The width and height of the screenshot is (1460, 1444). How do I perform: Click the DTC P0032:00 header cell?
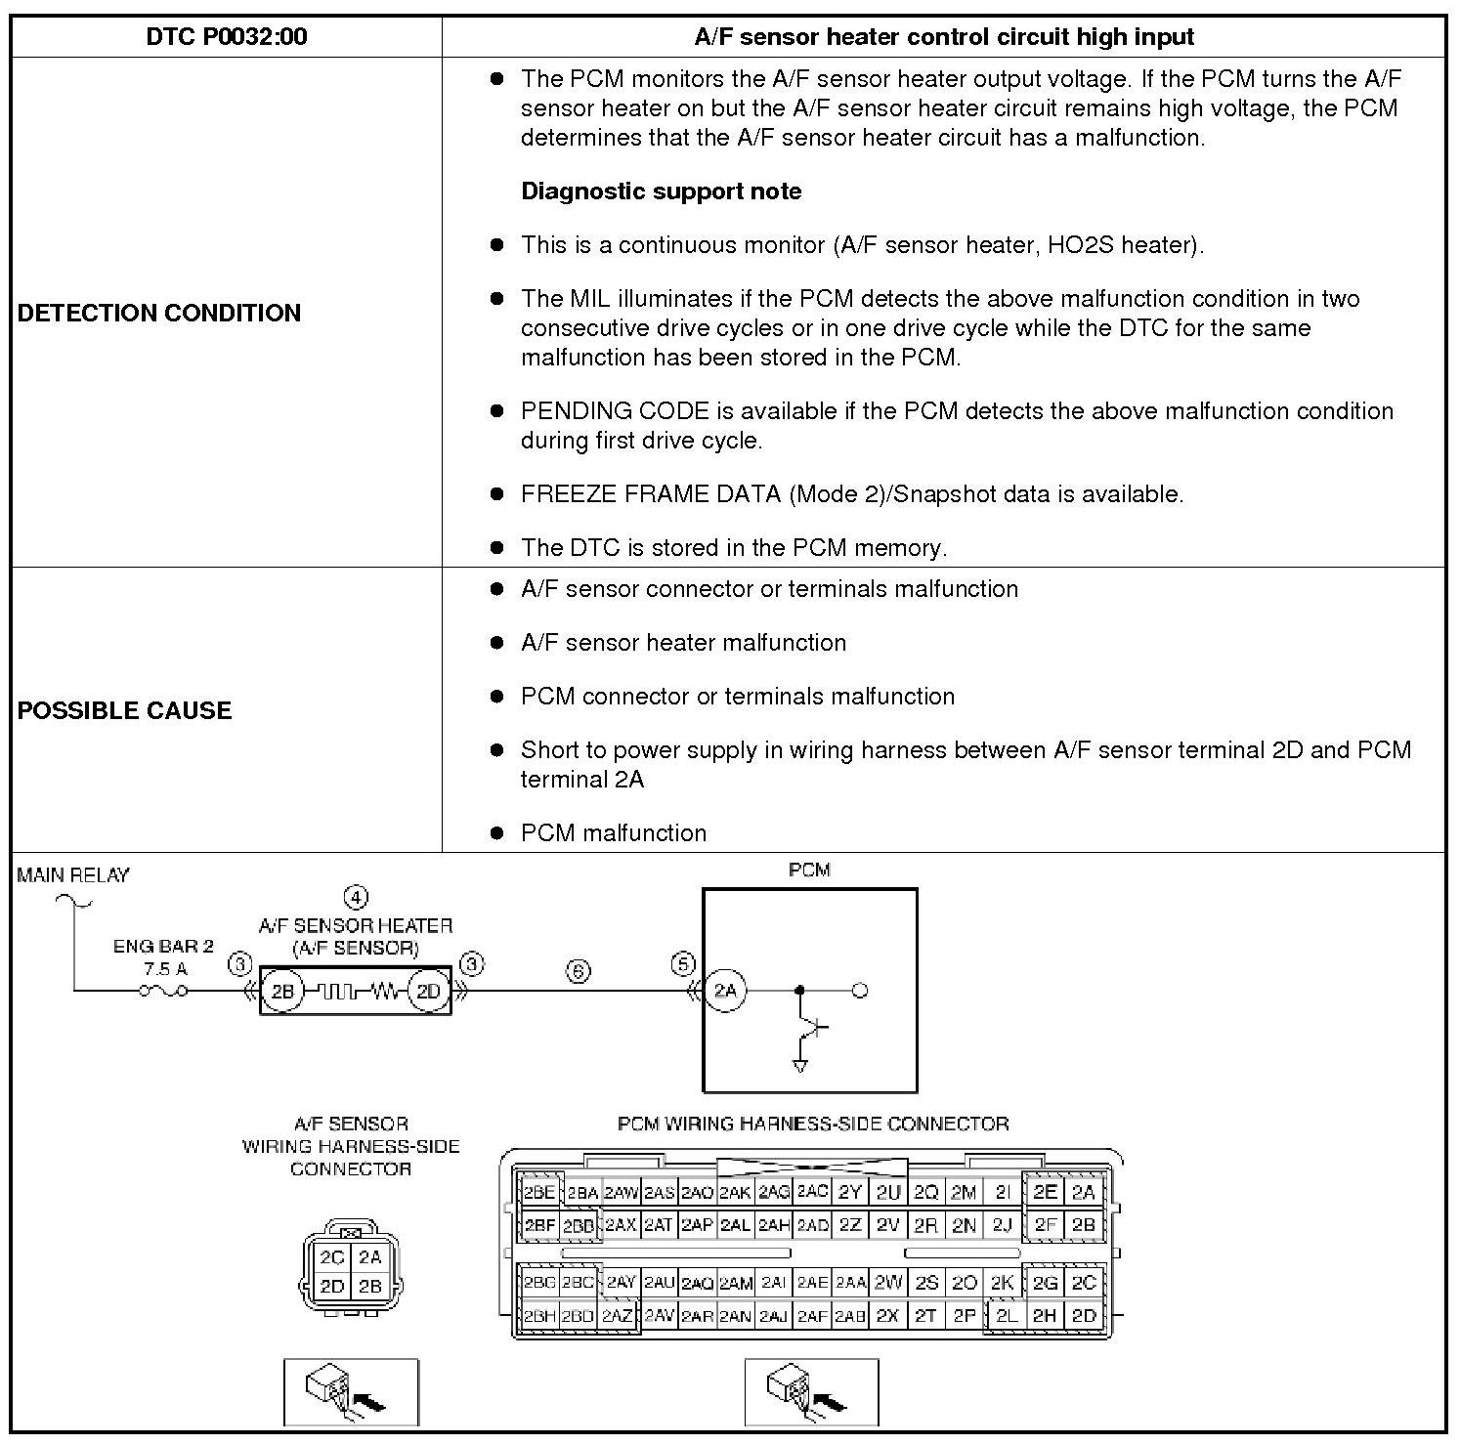coord(226,37)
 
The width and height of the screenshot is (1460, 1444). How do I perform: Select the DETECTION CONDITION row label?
coord(159,313)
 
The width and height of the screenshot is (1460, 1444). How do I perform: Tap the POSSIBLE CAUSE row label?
coord(125,710)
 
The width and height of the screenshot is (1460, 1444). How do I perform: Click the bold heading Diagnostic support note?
coord(661,191)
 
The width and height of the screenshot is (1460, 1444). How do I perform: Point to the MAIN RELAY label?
coord(73,875)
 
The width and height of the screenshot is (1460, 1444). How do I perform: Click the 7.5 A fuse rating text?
coord(164,968)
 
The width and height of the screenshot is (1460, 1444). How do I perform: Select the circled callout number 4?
coord(356,897)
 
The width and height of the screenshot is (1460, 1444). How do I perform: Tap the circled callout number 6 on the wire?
coord(579,972)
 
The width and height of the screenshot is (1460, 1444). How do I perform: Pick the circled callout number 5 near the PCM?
coord(682,964)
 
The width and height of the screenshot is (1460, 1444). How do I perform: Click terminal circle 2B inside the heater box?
coord(282,992)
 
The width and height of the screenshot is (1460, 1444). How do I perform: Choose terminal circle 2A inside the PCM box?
coord(725,991)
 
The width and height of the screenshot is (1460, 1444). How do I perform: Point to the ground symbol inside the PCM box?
coord(800,1066)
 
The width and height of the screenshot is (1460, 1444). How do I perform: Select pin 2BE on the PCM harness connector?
coord(538,1192)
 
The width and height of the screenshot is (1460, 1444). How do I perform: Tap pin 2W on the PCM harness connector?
coord(887,1282)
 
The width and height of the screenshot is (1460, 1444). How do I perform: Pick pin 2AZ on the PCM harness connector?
coord(618,1316)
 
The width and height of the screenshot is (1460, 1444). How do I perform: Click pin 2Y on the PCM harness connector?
coord(849,1192)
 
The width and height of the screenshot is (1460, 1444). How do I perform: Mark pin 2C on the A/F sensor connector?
coord(332,1257)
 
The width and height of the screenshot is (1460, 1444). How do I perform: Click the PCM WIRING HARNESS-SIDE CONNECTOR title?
coord(813,1124)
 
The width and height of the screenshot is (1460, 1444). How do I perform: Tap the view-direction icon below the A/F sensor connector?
coord(351,1392)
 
